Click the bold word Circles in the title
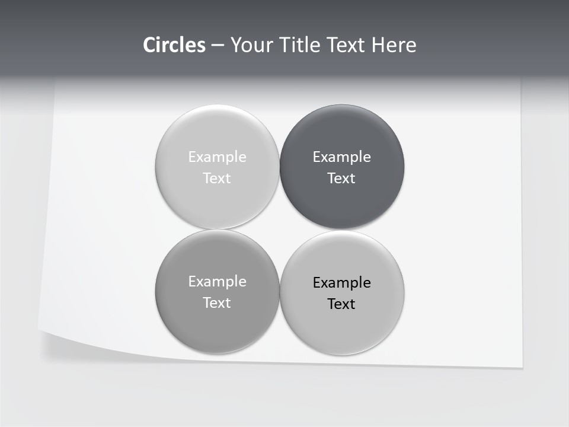pyautogui.click(x=174, y=45)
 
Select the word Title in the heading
pyautogui.click(x=301, y=45)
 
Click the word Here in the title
pyautogui.click(x=394, y=45)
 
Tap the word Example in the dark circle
pyautogui.click(x=342, y=157)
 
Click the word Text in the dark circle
pyautogui.click(x=341, y=179)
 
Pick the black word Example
pyautogui.click(x=342, y=283)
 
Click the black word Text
pyautogui.click(x=341, y=304)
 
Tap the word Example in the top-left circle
pyautogui.click(x=218, y=157)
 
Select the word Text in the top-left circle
pyautogui.click(x=217, y=179)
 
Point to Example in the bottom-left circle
pyautogui.click(x=218, y=282)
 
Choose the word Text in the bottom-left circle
pyautogui.click(x=217, y=303)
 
